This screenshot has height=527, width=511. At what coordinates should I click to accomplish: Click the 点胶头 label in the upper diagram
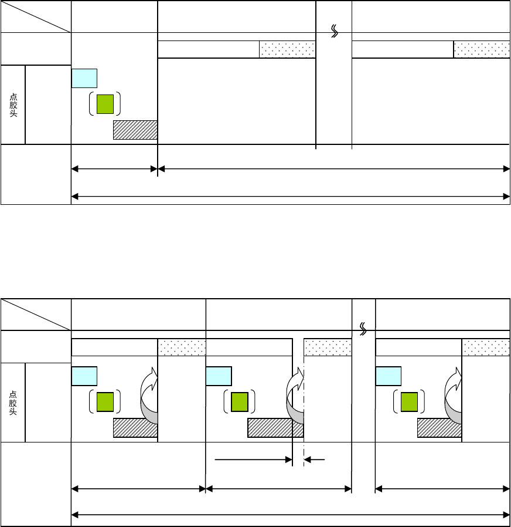13,104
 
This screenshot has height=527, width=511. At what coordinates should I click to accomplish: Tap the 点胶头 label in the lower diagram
13,403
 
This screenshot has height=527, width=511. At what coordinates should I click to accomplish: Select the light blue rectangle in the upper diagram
84,78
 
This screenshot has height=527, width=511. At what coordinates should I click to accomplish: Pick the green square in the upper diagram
105,103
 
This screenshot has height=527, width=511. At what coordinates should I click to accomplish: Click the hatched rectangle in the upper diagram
135,130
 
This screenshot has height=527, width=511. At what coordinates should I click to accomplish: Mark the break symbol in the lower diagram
363,330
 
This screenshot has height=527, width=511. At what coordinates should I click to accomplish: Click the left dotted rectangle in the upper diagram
287,50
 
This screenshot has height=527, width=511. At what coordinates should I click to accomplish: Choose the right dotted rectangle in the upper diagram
481,50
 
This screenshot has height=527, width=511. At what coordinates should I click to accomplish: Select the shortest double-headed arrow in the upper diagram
114,170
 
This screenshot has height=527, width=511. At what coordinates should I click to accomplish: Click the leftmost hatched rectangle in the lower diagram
135,428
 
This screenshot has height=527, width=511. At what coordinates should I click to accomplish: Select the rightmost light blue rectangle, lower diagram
388,376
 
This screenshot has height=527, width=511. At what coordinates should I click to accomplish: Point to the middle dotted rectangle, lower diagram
328,347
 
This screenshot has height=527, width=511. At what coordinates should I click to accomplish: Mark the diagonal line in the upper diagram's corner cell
36,16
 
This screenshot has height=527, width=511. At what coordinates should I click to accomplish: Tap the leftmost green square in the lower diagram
105,402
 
